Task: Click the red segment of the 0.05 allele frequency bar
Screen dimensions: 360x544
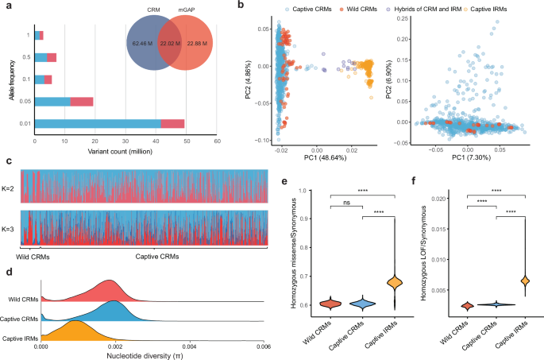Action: coord(83,101)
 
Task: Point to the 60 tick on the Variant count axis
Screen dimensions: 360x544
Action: coord(217,141)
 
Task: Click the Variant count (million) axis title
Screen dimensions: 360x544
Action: coord(126,153)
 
